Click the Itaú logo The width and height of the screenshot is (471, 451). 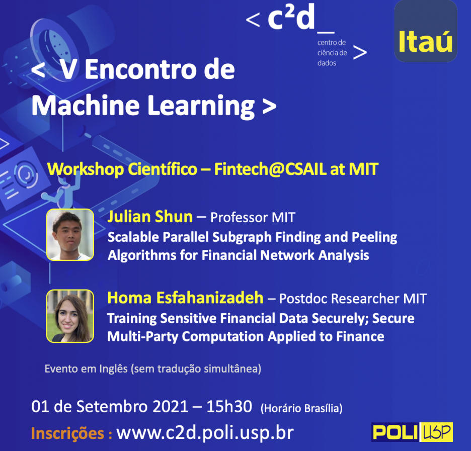(425, 31)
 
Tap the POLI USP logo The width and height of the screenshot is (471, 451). (412, 432)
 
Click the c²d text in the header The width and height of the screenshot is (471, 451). (291, 18)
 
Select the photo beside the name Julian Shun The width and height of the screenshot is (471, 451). (70, 235)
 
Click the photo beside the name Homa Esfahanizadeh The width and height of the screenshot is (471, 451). (70, 316)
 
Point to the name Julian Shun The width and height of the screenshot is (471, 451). (150, 217)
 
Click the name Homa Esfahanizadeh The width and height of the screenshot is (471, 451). (185, 298)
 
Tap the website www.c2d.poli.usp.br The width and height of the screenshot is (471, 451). (205, 433)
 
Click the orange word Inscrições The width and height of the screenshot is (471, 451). (68, 433)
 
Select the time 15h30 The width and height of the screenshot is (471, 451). (229, 407)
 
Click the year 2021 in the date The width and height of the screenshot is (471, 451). (170, 407)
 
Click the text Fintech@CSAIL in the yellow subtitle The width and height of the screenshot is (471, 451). (270, 169)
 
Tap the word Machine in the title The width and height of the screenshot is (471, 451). (86, 105)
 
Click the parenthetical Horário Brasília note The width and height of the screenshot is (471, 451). (301, 408)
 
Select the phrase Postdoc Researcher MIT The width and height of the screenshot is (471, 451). (353, 299)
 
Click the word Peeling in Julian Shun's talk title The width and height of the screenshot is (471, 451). (374, 237)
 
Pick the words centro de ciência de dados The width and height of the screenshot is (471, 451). (332, 52)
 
